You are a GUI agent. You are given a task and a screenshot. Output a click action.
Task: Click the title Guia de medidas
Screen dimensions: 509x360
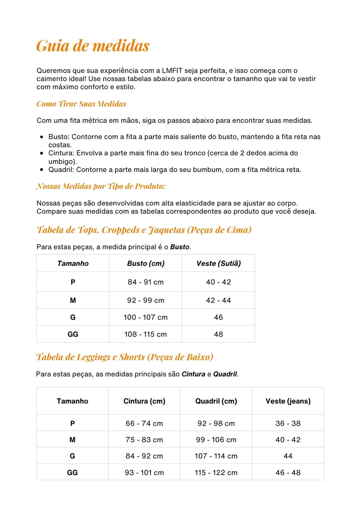tap(93, 46)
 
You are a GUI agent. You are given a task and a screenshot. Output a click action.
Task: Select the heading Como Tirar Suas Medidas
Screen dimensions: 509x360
tap(82, 104)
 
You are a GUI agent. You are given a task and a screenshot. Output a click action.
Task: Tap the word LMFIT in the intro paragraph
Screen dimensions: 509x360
tap(173, 71)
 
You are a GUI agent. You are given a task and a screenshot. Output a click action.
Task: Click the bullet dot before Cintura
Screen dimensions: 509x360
tap(41, 153)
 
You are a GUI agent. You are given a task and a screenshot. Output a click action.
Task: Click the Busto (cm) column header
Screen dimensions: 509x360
tap(146, 263)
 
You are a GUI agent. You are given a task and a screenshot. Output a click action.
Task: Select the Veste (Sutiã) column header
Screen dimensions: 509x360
tap(218, 263)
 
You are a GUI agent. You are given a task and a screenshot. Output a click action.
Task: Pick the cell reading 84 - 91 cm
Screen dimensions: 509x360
tap(146, 282)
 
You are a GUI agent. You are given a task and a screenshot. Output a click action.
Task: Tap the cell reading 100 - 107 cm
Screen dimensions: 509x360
tap(146, 317)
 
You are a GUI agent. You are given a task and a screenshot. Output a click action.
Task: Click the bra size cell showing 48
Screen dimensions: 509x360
tap(218, 334)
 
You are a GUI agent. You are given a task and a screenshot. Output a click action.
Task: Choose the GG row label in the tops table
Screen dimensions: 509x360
tap(73, 334)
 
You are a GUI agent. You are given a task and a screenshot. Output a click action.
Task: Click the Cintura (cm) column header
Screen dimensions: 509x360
tap(144, 401)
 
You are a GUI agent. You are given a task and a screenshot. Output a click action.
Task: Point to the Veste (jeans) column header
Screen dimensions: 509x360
tap(288, 401)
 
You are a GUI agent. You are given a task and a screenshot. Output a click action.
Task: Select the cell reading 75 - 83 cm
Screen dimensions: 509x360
tap(144, 440)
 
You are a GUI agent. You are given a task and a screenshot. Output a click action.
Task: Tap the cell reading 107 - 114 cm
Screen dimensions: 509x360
tap(216, 456)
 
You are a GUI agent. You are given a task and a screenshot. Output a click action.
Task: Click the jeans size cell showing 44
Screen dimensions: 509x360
tap(288, 456)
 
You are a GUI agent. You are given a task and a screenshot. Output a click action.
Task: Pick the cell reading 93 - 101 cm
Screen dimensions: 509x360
tap(144, 473)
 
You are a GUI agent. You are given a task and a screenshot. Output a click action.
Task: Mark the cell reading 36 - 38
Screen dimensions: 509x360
tap(288, 423)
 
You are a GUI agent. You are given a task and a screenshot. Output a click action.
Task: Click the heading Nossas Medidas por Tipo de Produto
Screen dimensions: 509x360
tap(101, 186)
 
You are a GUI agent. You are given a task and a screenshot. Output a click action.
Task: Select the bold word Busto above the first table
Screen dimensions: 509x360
tap(180, 247)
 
